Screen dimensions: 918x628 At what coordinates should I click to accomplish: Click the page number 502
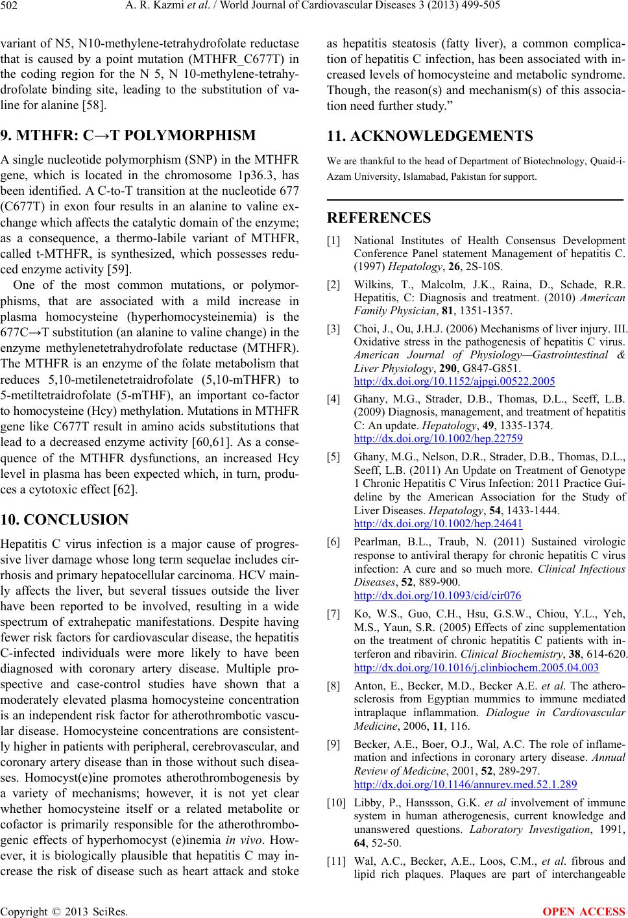pyautogui.click(x=12, y=7)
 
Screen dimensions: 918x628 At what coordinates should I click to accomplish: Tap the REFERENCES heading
pyautogui.click(x=379, y=217)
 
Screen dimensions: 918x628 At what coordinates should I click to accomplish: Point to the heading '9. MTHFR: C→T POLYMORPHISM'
pyautogui.click(x=129, y=136)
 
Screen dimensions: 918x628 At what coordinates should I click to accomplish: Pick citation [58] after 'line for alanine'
pyautogui.click(x=96, y=104)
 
